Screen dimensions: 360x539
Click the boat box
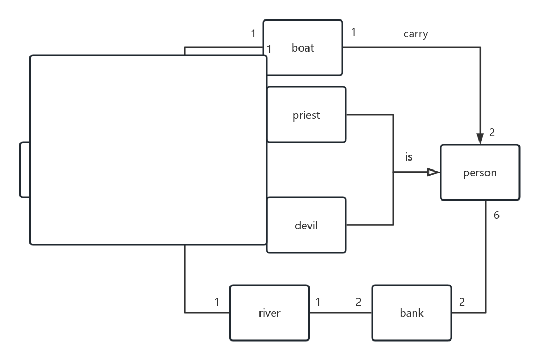(x=303, y=48)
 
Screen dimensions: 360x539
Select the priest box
(x=306, y=115)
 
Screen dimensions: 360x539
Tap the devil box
(x=306, y=225)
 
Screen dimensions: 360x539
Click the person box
(x=480, y=173)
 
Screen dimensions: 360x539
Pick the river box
(x=269, y=313)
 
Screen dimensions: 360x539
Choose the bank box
(x=411, y=313)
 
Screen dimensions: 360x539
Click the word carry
(x=415, y=34)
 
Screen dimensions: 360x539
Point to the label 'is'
(x=408, y=157)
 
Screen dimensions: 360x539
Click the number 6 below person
(x=496, y=215)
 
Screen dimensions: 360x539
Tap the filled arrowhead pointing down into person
(x=480, y=138)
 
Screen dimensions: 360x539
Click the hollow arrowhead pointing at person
(x=433, y=172)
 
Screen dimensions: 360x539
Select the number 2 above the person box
(x=492, y=133)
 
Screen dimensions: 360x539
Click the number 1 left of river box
(x=217, y=302)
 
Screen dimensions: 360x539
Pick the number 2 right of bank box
(x=462, y=302)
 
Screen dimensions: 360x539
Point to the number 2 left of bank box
(x=358, y=302)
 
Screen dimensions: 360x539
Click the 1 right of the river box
(x=318, y=302)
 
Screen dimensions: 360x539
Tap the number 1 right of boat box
(x=353, y=32)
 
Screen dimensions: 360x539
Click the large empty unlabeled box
(x=148, y=150)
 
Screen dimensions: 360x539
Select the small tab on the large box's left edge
(x=25, y=169)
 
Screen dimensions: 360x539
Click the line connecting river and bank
(x=341, y=313)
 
